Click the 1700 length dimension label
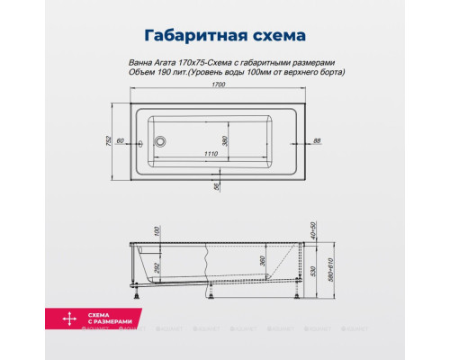[218, 85]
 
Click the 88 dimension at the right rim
[318, 140]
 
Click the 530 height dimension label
[315, 271]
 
